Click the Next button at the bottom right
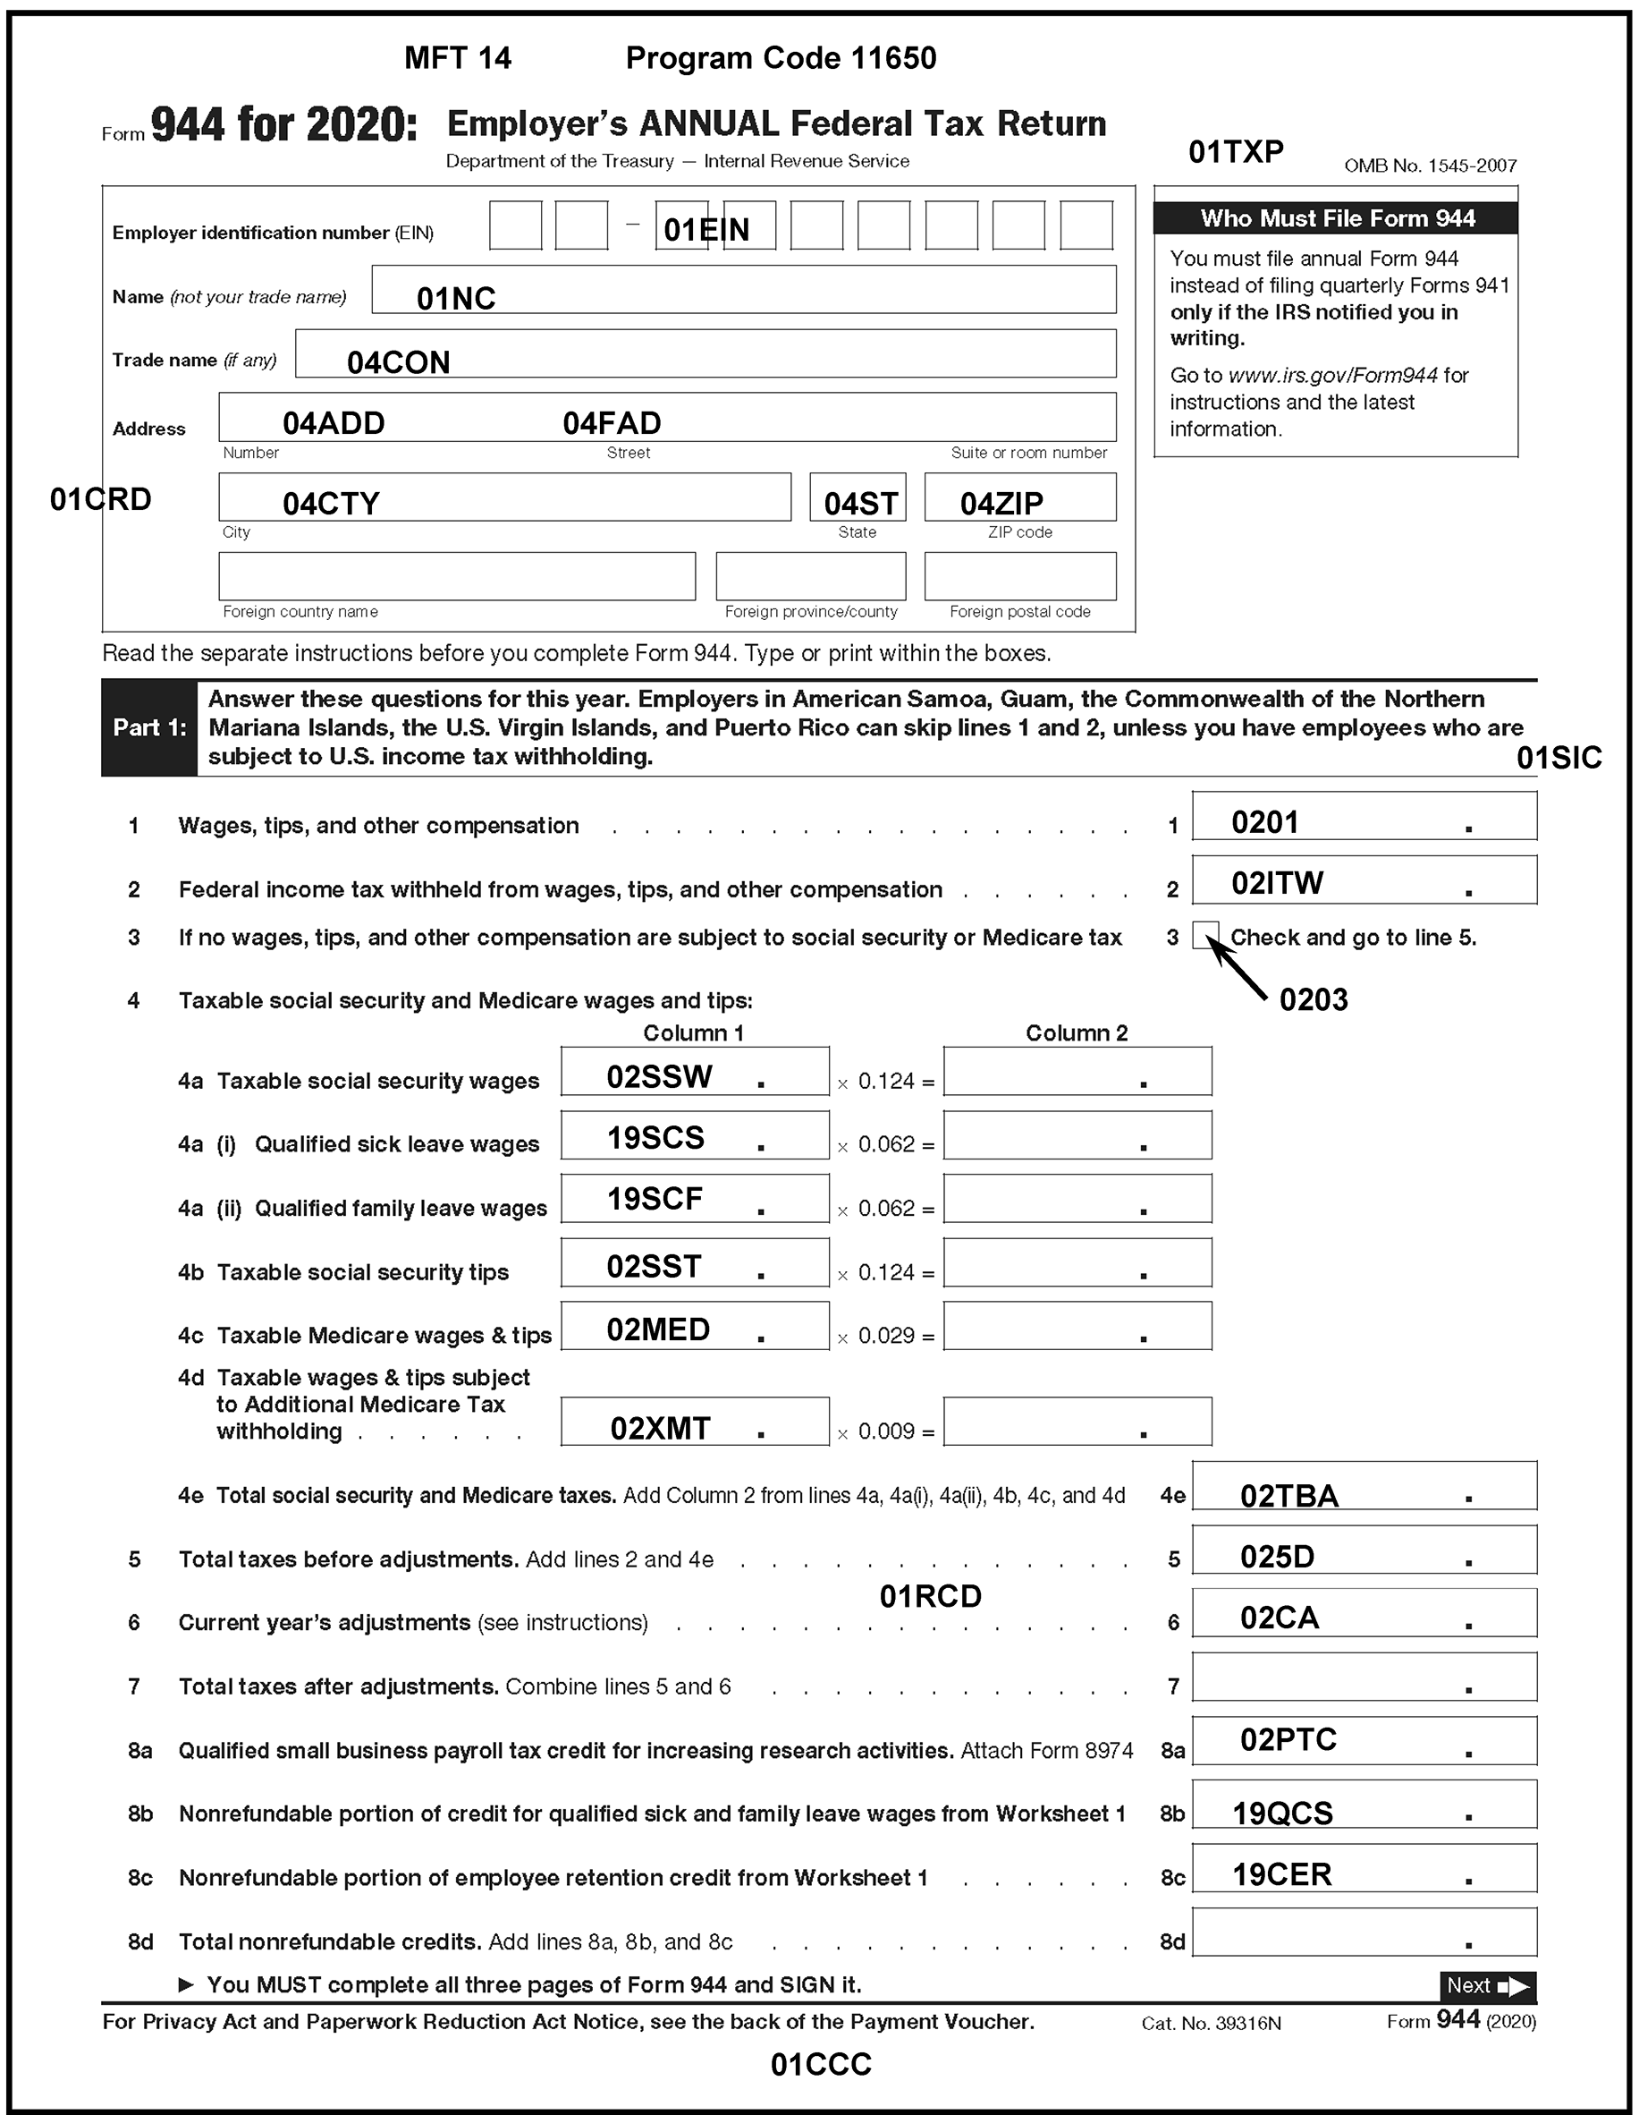tap(1487, 1986)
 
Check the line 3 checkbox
tap(1205, 936)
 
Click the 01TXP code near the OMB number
tap(1236, 152)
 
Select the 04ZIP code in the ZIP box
tap(1001, 504)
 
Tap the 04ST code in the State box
tap(859, 504)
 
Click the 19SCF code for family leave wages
tap(655, 1199)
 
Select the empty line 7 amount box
tap(1363, 1677)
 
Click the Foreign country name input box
tap(457, 576)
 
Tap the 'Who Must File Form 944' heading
tap(1336, 219)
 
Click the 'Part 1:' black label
tap(149, 727)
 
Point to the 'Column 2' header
tap(1077, 1033)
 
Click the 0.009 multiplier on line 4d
tap(886, 1431)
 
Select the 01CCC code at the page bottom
tap(820, 2065)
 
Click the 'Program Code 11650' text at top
tap(781, 58)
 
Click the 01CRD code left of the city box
tap(101, 500)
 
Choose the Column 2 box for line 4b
tap(1077, 1262)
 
